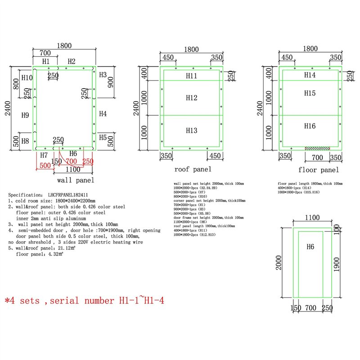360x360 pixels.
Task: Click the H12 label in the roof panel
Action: pos(192,98)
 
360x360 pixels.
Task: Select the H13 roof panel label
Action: pos(192,130)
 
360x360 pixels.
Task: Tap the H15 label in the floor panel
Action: pos(310,93)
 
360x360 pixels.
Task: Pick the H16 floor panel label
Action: pos(310,126)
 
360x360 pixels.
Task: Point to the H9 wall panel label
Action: pos(25,115)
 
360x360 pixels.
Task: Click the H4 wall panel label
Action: pos(103,114)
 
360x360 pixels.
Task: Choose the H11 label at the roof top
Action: pos(192,76)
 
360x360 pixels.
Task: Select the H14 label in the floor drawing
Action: pos(310,75)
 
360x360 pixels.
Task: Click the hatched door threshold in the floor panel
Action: pos(318,148)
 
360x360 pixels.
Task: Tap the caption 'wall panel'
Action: pos(76,180)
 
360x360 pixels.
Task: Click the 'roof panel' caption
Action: pos(193,170)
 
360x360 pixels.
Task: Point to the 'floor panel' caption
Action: pos(319,170)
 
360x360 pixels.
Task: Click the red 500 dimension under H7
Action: pos(45,165)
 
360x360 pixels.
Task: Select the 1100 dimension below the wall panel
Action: pos(73,170)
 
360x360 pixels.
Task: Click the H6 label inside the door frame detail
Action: pos(310,247)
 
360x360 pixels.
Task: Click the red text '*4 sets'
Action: pos(25,301)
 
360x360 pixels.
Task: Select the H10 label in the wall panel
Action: pos(27,78)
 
